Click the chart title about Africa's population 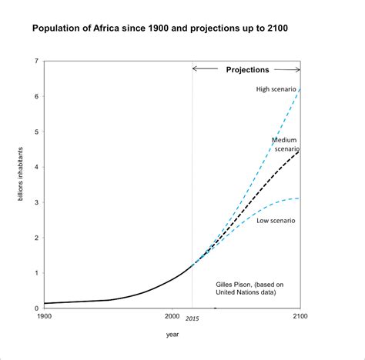point(160,28)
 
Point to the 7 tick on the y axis point(36,61)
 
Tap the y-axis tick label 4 point(36,167)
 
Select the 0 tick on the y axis point(36,308)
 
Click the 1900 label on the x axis point(44,316)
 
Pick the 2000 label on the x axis point(172,316)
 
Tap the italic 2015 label point(193,318)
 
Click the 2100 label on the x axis point(300,316)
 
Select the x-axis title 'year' point(172,335)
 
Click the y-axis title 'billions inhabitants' point(20,174)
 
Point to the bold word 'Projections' point(247,70)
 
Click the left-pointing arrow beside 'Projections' point(205,68)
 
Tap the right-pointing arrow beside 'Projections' point(287,69)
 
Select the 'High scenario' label point(276,89)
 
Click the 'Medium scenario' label point(286,145)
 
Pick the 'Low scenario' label point(276,221)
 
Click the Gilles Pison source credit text point(249,288)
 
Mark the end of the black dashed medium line point(300,152)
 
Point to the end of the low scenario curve point(300,198)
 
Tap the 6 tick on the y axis point(36,96)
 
